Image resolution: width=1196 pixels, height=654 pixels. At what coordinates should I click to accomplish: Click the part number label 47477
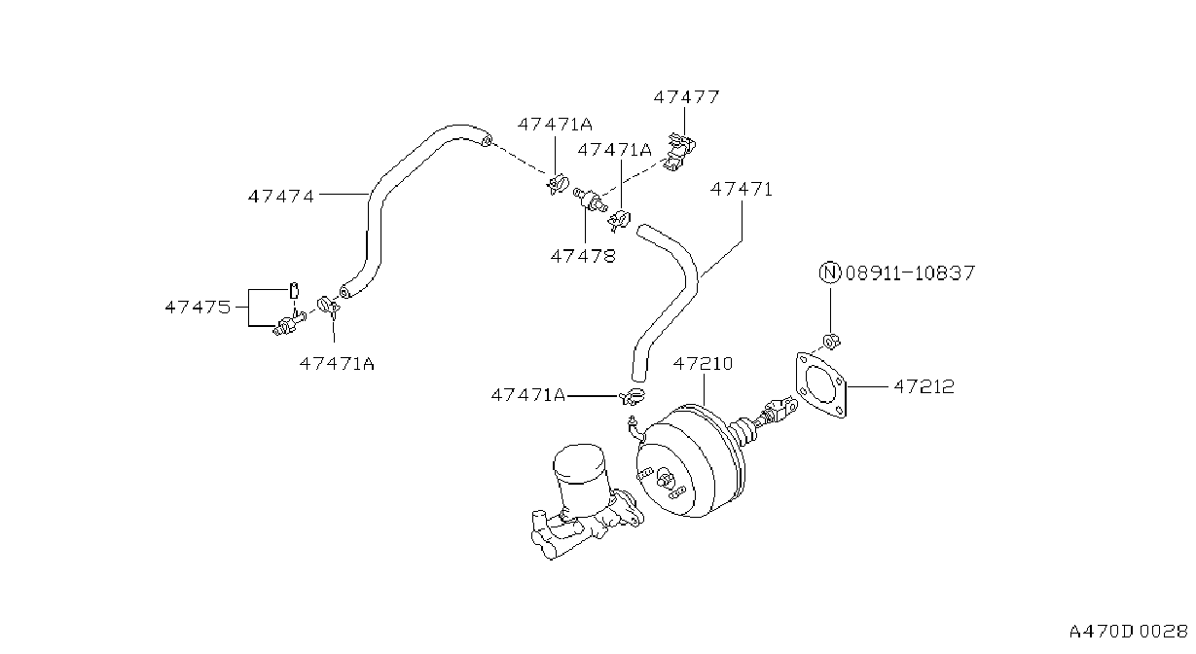tap(686, 97)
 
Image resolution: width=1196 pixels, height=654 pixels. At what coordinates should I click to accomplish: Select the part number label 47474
tap(281, 197)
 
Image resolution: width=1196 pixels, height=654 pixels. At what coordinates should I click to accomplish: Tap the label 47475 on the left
tap(198, 307)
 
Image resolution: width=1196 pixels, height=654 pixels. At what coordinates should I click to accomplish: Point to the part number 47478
tap(583, 256)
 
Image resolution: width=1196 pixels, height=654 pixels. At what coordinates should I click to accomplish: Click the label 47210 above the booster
tap(703, 364)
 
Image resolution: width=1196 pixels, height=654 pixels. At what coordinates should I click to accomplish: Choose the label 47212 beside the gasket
tap(924, 386)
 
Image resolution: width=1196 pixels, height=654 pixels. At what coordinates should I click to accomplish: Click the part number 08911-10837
tap(910, 272)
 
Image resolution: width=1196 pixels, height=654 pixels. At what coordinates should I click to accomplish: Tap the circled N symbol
tap(830, 272)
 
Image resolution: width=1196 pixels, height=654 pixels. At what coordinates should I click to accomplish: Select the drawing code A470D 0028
tap(1128, 632)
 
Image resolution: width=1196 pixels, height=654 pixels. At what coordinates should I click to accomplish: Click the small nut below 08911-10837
tap(831, 341)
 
